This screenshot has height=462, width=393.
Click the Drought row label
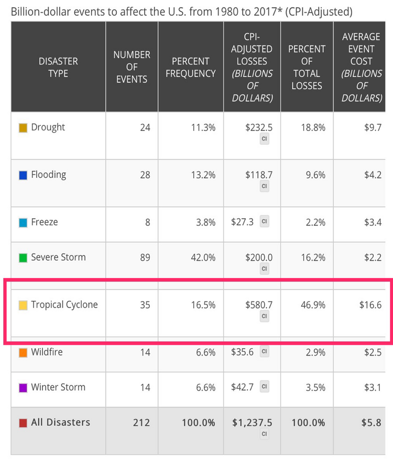[48, 127]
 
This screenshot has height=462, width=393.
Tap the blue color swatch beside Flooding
[23, 176]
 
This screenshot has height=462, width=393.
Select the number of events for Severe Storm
[145, 257]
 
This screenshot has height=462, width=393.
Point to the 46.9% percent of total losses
[314, 305]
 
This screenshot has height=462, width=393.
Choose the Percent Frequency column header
[191, 67]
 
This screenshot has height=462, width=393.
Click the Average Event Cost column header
[361, 67]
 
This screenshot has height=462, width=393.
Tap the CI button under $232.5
[265, 139]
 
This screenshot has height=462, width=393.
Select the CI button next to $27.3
[265, 222]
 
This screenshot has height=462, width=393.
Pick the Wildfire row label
[47, 352]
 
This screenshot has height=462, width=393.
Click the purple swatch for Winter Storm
[23, 389]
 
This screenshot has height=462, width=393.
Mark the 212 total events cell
[141, 423]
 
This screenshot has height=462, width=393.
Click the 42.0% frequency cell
[202, 257]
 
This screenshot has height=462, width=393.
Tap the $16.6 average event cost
[370, 305]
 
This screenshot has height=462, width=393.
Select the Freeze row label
[44, 222]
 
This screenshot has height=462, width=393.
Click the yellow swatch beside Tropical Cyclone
[23, 306]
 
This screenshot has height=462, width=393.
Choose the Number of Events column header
[132, 67]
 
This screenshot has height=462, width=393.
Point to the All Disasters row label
[60, 423]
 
